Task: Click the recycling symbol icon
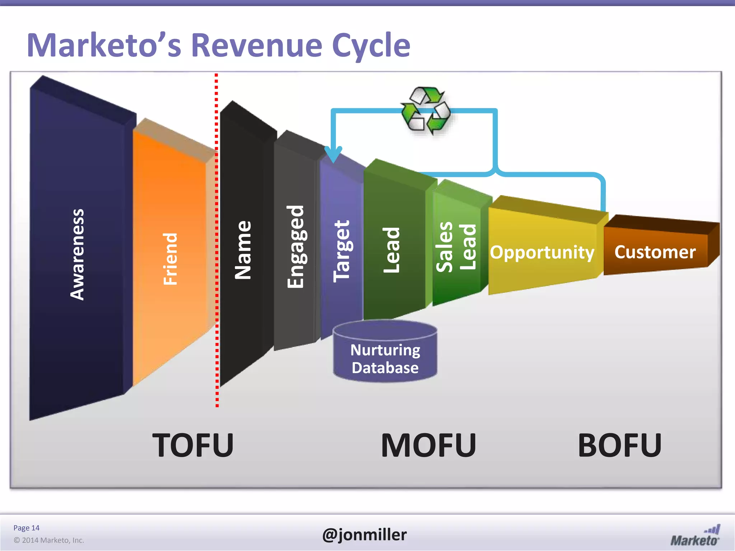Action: coord(426,110)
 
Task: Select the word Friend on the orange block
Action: coord(170,259)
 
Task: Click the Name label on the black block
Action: coord(243,250)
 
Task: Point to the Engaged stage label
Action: coord(296,246)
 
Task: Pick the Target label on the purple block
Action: coord(341,251)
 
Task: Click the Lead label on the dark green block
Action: coord(391,250)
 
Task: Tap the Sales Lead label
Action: coord(456,246)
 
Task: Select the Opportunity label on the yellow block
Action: coord(542,252)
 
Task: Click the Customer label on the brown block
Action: coord(655,252)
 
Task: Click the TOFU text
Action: coord(193,445)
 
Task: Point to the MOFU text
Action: coord(429,445)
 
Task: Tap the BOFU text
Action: coord(620,445)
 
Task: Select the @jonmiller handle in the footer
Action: coord(364,534)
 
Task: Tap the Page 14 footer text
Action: coord(26,528)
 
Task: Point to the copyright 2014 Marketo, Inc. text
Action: coord(49,540)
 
